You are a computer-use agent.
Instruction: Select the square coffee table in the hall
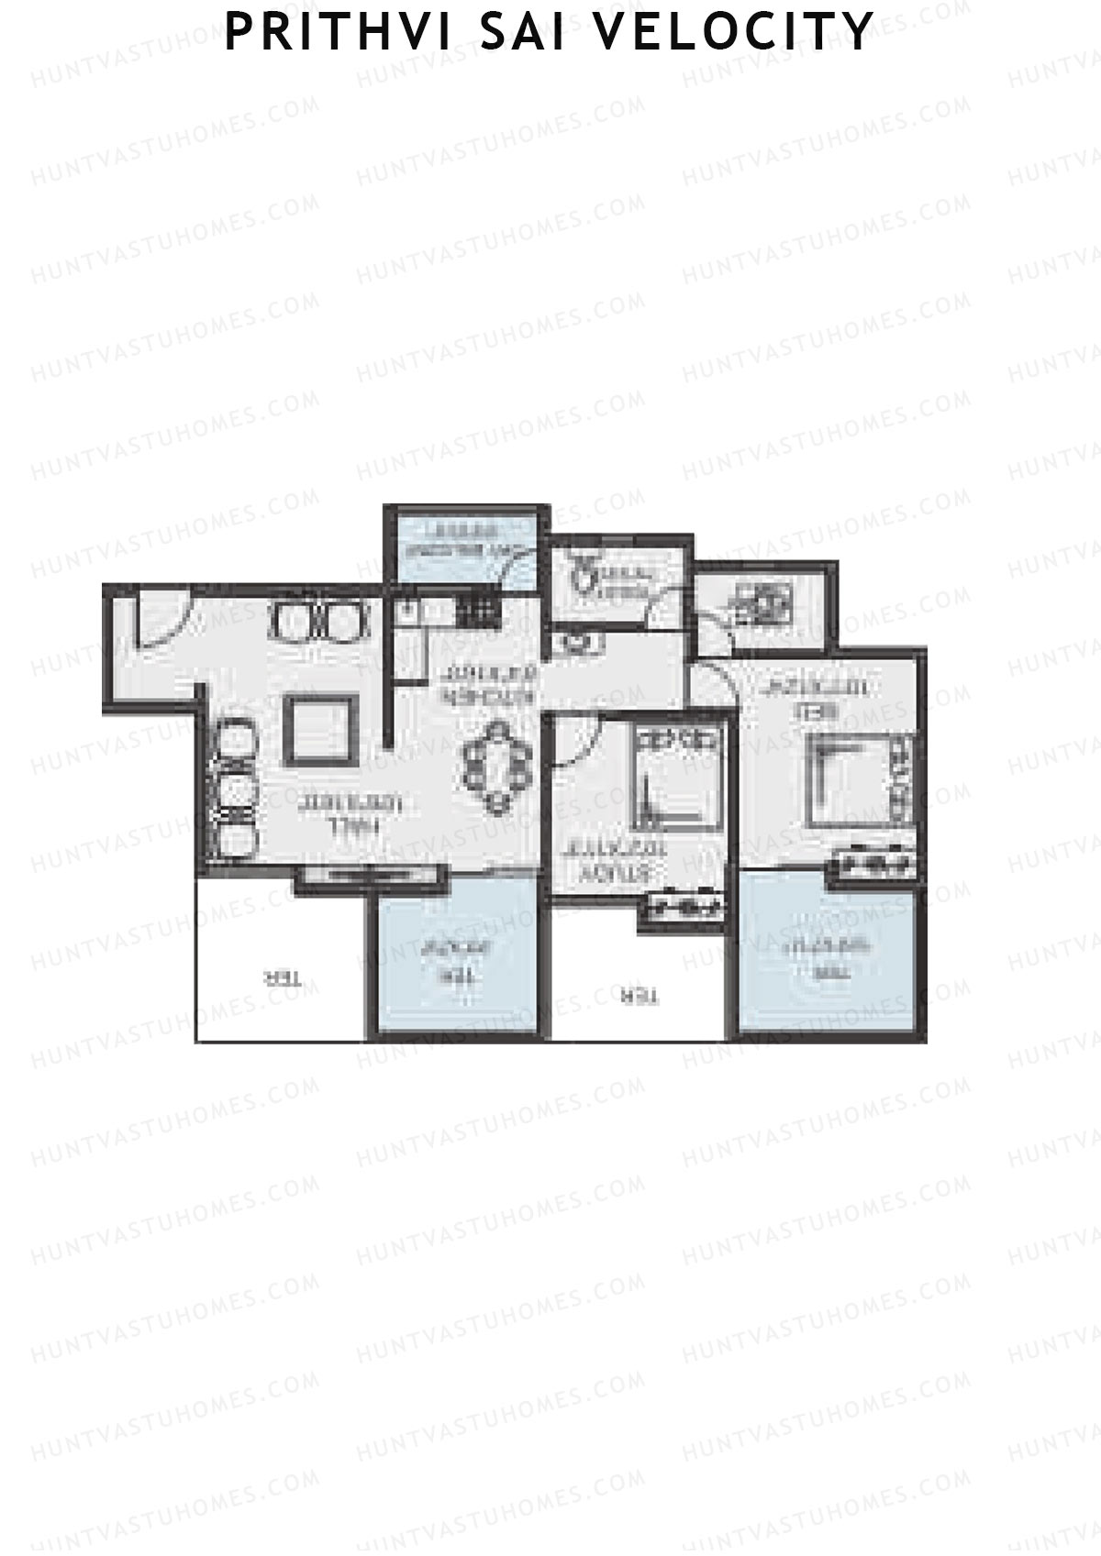click(x=318, y=729)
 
